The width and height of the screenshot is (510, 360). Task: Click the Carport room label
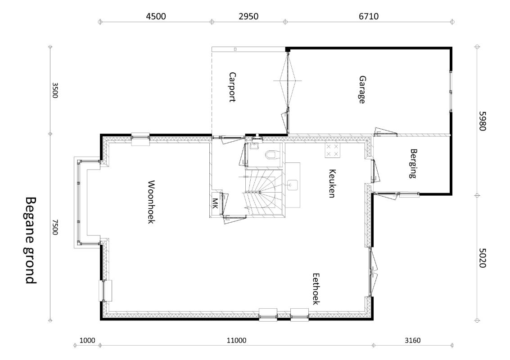tap(232, 87)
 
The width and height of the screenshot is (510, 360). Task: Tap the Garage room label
tap(362, 90)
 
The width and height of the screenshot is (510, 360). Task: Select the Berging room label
tap(413, 164)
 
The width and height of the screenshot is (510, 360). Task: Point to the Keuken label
tap(332, 183)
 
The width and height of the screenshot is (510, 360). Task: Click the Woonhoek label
tap(151, 202)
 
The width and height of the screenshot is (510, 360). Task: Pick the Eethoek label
tap(316, 289)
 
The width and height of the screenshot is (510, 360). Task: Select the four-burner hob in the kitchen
tap(332, 150)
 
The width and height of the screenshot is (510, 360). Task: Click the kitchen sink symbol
tap(293, 185)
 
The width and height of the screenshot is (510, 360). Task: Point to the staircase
tap(264, 192)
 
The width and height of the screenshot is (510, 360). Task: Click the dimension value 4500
tap(156, 16)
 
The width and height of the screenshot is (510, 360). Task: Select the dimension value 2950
tap(248, 16)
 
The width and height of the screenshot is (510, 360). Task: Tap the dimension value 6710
tap(369, 16)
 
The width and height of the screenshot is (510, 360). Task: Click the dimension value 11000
tap(236, 341)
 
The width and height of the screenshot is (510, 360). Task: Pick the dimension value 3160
tap(412, 341)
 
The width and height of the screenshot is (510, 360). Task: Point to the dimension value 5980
tap(483, 121)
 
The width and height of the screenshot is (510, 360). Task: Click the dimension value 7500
tap(55, 227)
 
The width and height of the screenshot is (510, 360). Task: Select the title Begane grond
tap(31, 240)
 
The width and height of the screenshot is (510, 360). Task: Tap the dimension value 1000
tap(87, 341)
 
